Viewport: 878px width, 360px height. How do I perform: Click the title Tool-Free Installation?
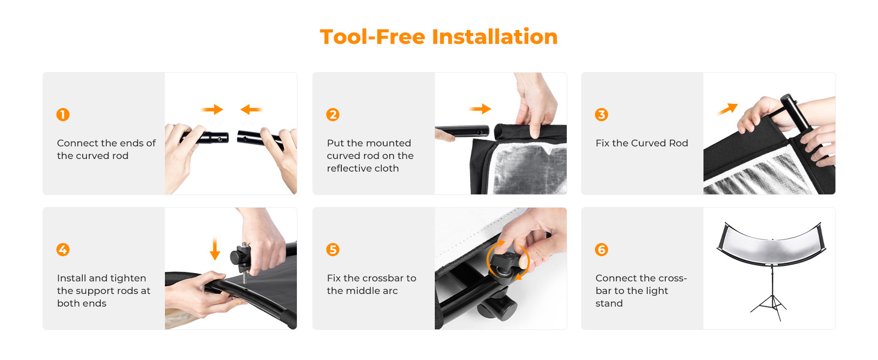(438, 37)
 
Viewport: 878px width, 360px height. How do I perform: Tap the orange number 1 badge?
(63, 115)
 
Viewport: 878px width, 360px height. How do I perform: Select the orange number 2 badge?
(333, 115)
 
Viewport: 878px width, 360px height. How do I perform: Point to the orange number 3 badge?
(602, 115)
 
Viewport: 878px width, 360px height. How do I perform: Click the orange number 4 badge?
(63, 250)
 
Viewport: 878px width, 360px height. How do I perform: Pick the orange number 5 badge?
(333, 250)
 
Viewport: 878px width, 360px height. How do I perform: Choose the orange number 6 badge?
(602, 250)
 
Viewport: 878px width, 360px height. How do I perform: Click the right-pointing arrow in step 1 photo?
(212, 109)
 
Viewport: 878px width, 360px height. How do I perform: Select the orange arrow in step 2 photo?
(480, 109)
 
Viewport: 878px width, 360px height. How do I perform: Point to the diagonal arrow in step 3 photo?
(728, 109)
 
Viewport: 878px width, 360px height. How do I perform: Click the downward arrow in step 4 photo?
(215, 248)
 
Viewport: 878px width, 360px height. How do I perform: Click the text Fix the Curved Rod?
(642, 143)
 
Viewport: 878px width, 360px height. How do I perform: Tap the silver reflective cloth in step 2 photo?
(529, 169)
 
